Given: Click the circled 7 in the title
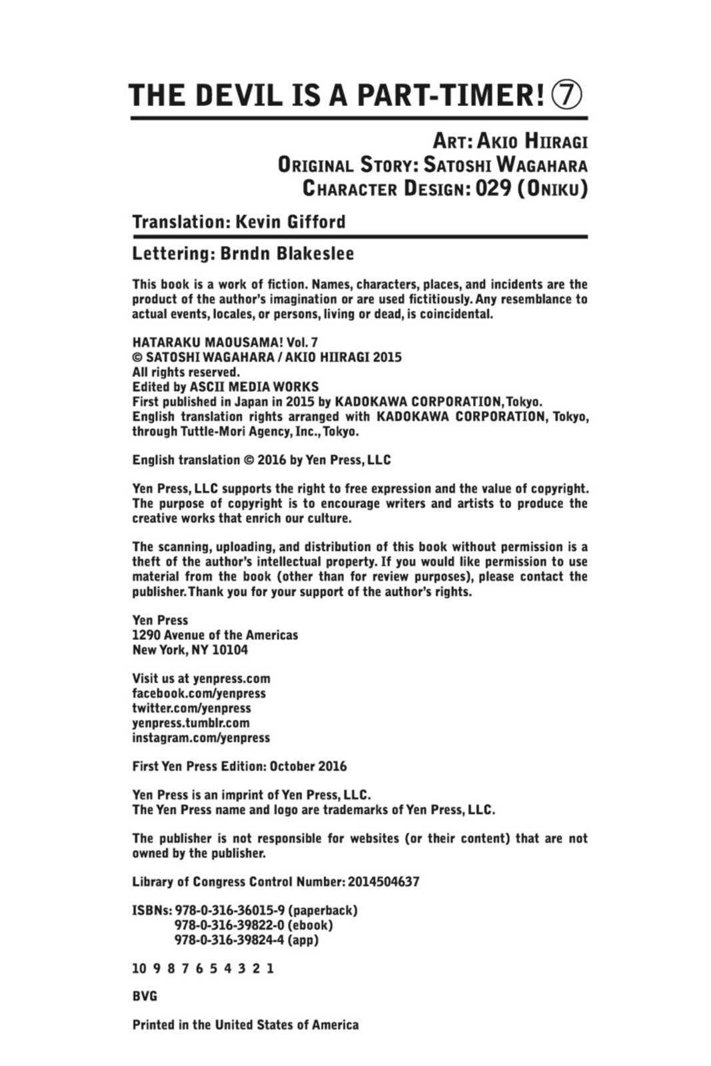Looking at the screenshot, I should [566, 96].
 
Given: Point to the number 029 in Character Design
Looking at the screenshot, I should [492, 189].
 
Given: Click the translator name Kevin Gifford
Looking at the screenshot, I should [291, 222].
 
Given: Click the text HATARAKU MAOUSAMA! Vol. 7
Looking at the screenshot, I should [225, 342].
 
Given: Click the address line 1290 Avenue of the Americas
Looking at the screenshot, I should [215, 635].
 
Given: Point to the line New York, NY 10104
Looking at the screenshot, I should [190, 650].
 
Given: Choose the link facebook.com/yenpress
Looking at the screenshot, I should [199, 694].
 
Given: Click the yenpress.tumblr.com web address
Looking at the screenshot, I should [191, 723].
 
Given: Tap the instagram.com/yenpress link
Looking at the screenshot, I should [201, 738].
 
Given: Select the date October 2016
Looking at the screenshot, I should [308, 766].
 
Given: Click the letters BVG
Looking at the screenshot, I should [145, 997].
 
